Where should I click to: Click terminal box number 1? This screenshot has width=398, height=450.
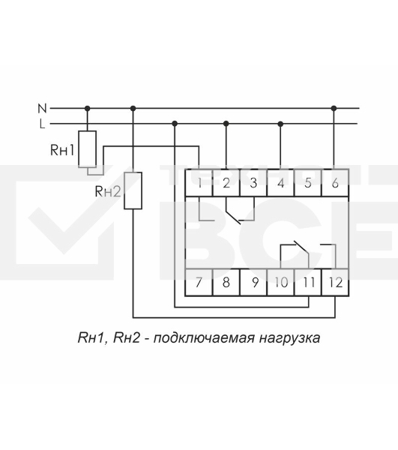tap(199, 182)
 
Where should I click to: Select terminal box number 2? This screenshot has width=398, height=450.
tap(226, 182)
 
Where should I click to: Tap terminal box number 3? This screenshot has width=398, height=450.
tap(253, 182)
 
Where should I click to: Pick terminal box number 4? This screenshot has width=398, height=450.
tap(280, 182)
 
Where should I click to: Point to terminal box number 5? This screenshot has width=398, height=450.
tap(307, 182)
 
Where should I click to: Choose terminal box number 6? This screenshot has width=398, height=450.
tap(334, 182)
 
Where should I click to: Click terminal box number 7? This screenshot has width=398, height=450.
tap(199, 283)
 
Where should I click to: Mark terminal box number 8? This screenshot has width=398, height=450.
tap(226, 283)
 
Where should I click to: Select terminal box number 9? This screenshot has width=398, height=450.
tap(253, 283)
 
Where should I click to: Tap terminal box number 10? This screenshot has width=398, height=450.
tap(280, 283)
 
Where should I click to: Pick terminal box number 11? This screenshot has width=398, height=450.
tap(307, 283)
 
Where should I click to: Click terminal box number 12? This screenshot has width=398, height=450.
tap(334, 283)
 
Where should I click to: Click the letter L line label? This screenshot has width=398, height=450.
tap(42, 123)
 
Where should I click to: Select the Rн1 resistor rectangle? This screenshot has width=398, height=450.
tap(88, 149)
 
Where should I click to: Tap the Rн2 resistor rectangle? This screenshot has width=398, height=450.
tap(133, 190)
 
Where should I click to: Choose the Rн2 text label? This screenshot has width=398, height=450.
tap(108, 192)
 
